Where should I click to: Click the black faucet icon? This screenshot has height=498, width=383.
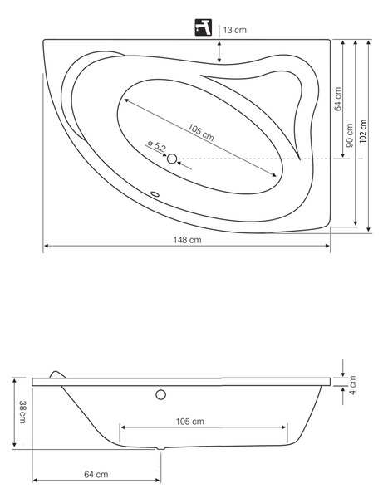click(203, 27)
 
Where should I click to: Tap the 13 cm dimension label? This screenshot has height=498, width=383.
click(234, 30)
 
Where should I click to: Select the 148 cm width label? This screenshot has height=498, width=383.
click(187, 240)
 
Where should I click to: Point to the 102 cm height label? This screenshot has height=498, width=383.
click(363, 131)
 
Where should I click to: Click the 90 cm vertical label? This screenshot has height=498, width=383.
click(350, 135)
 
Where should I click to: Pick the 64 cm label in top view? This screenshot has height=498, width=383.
click(338, 99)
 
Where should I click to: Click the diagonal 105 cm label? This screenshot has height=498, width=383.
click(201, 133)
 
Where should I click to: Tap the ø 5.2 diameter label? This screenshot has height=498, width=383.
click(157, 147)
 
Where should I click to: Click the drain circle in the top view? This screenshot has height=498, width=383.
click(172, 159)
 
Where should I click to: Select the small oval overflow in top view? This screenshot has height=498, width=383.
click(155, 193)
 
